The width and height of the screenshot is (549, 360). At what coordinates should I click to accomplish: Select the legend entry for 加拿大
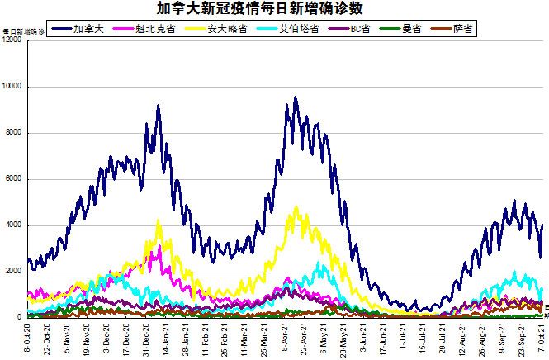tap(88, 29)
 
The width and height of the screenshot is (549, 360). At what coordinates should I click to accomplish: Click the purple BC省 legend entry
tap(358, 29)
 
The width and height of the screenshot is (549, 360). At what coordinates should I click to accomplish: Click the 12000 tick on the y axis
tap(12, 40)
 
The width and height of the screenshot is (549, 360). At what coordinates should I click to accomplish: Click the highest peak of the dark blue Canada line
tap(296, 98)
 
